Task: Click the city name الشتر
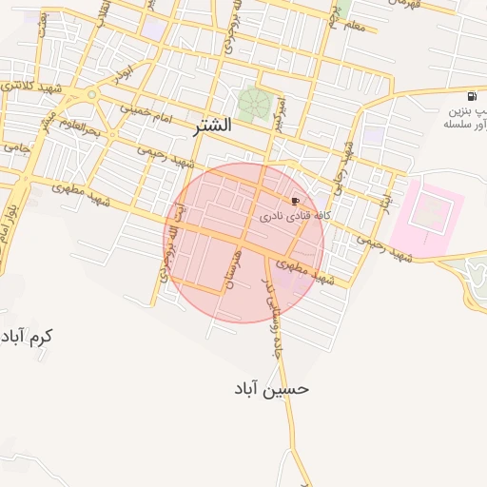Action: (x=210, y=125)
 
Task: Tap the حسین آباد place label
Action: (x=272, y=389)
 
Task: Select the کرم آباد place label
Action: (x=28, y=337)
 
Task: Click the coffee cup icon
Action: (x=295, y=202)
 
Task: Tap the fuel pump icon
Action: (x=472, y=97)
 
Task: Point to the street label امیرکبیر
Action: (x=279, y=114)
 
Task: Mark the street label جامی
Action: (x=16, y=148)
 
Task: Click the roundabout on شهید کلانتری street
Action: (x=91, y=94)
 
